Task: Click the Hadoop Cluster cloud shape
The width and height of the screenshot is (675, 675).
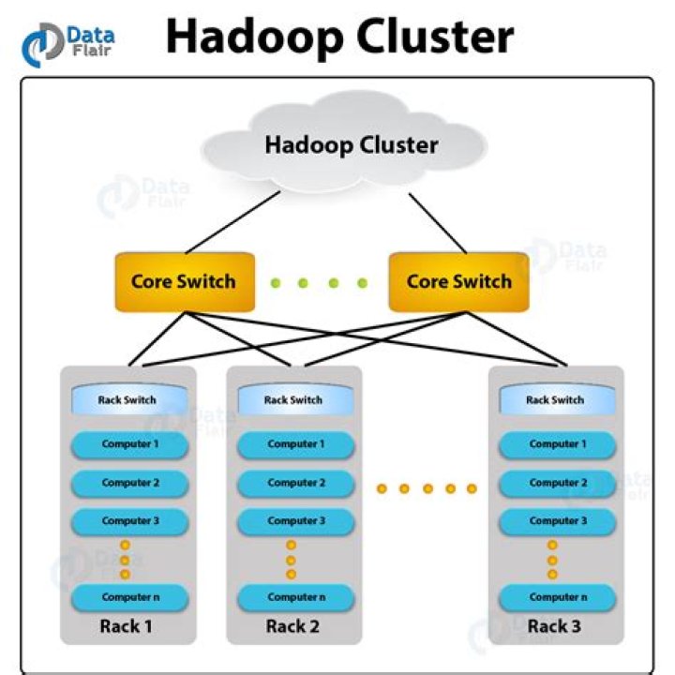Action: coord(350,146)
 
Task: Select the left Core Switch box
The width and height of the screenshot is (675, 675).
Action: coord(183,281)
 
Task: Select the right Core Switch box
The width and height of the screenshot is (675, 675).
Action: coord(458,281)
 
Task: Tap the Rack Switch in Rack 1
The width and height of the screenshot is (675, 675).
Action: coord(127,399)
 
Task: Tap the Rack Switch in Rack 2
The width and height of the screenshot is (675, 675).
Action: coord(293,399)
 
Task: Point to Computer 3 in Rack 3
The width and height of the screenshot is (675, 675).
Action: coord(556,521)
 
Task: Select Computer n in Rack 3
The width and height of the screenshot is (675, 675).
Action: coord(556,597)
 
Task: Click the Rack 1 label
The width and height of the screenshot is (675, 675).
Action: coord(126,626)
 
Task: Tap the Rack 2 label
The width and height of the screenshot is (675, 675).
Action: coord(292,626)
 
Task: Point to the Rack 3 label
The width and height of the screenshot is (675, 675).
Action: coord(554,626)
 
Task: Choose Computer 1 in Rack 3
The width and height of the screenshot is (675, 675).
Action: coord(556,444)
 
